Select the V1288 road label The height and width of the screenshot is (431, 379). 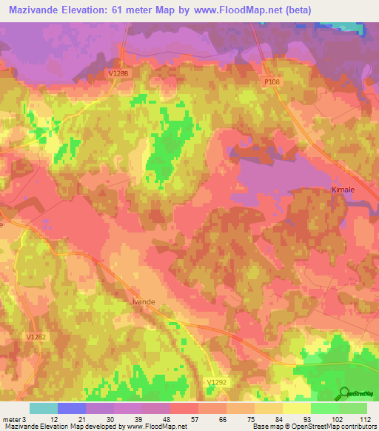(118, 73)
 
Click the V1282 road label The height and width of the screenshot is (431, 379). (36, 337)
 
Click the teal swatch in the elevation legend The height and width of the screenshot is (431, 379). (43, 408)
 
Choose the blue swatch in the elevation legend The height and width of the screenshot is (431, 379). (71, 408)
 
